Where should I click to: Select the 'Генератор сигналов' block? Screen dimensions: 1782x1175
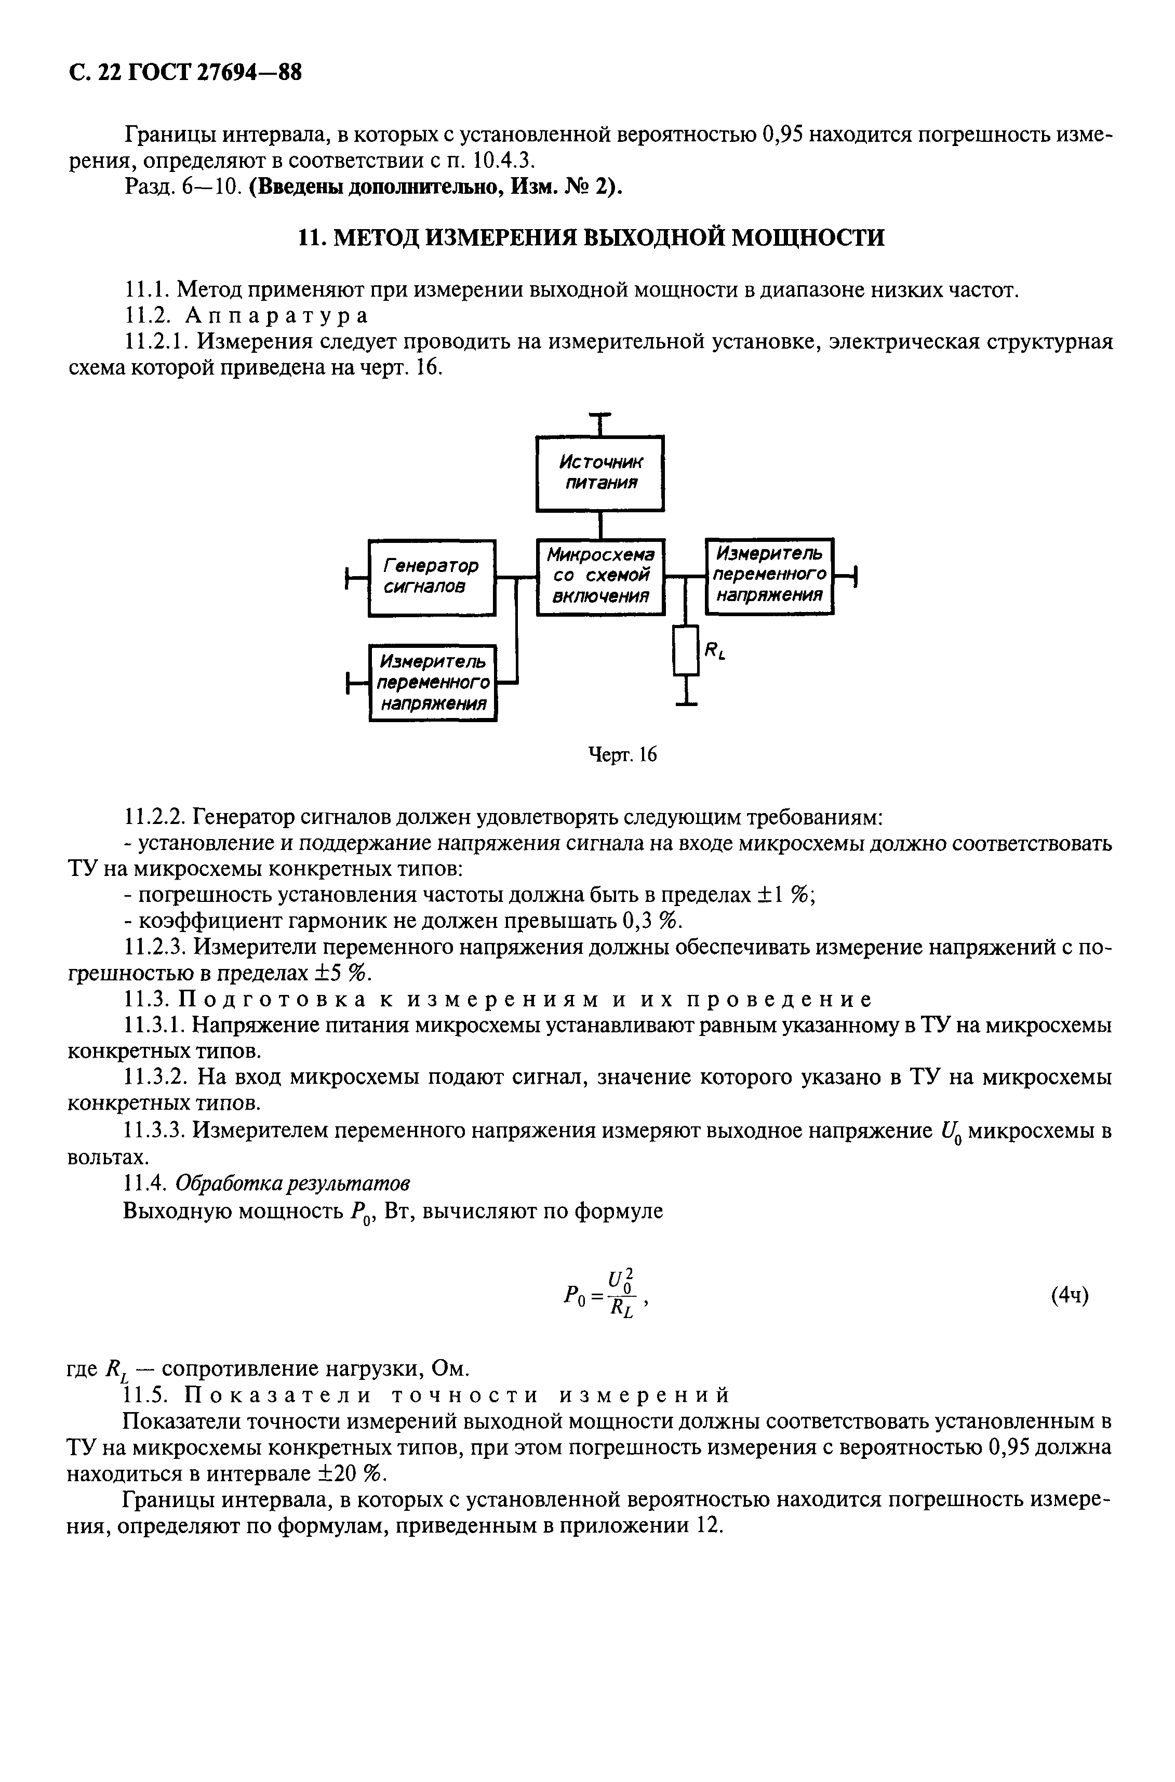click(432, 578)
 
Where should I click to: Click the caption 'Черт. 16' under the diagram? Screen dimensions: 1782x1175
click(622, 754)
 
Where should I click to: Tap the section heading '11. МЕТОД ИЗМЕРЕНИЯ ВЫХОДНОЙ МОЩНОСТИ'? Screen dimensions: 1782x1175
click(591, 237)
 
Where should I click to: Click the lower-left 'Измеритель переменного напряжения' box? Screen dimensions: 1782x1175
click(433, 683)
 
